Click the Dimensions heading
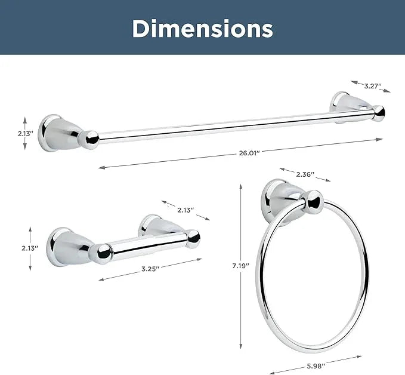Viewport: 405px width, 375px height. pyautogui.click(x=203, y=29)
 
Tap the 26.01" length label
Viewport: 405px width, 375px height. pyautogui.click(x=249, y=153)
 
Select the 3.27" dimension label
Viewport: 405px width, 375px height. pyautogui.click(x=373, y=86)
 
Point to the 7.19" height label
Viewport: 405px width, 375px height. pyautogui.click(x=240, y=266)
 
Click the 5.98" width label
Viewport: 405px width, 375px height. pyautogui.click(x=316, y=366)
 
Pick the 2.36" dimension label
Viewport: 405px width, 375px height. pyautogui.click(x=305, y=174)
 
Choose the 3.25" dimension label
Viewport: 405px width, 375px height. pyautogui.click(x=150, y=269)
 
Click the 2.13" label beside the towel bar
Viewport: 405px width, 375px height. pyautogui.click(x=26, y=134)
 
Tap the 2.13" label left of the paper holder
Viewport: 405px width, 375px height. pyautogui.click(x=30, y=248)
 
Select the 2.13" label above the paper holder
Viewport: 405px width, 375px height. pyautogui.click(x=186, y=210)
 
